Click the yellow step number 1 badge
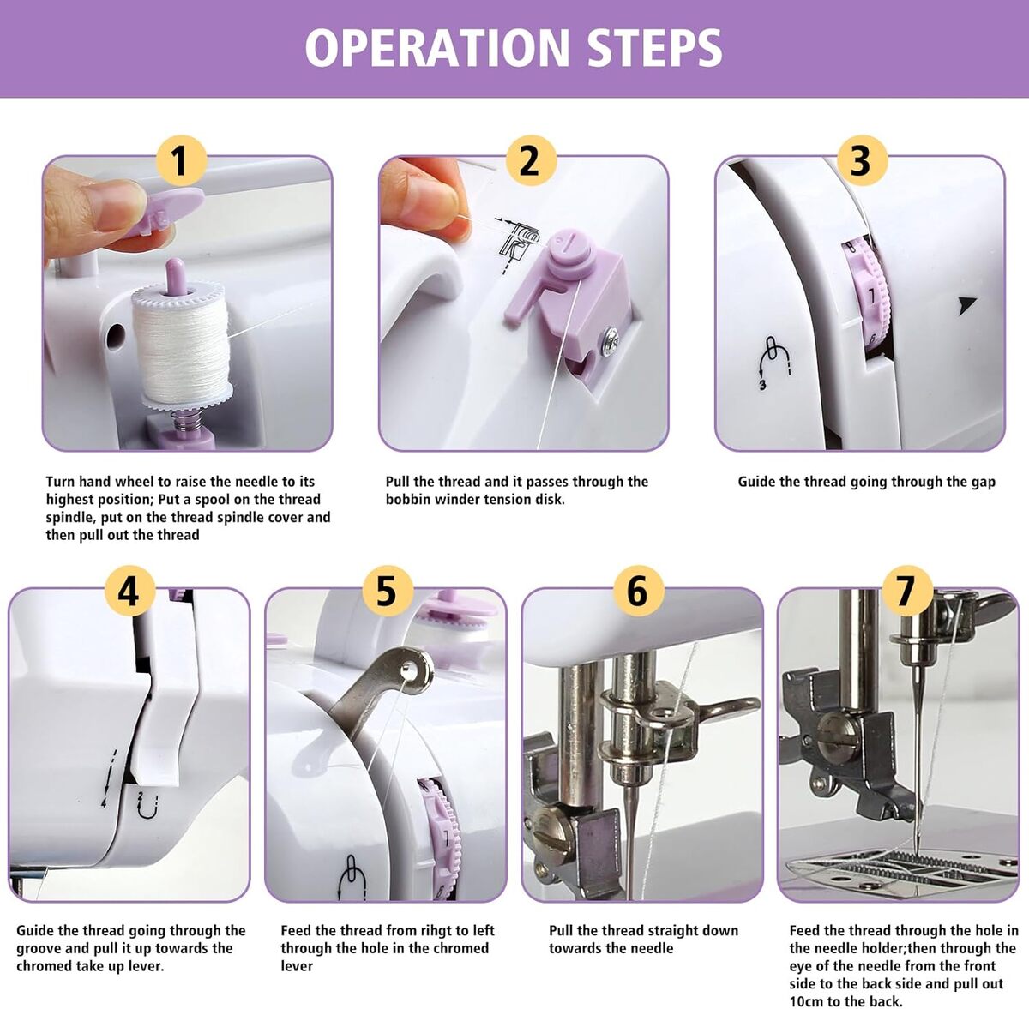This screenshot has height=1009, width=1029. pos(180,160)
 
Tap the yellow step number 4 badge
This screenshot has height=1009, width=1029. pos(129,592)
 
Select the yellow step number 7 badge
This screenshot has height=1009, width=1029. pos(907,592)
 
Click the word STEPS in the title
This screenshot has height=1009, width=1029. pos(654,48)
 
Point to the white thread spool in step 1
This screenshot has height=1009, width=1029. pos(182,344)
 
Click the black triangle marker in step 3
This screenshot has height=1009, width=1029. pos(966,305)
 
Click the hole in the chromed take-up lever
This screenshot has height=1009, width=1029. pos(408,666)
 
